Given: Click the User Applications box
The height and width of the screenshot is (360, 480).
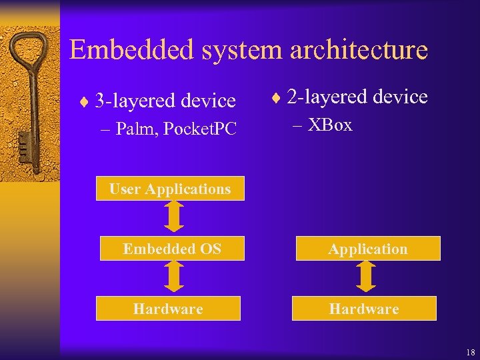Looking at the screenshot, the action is [x=170, y=189].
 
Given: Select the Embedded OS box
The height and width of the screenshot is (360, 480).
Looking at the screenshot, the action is [x=172, y=249].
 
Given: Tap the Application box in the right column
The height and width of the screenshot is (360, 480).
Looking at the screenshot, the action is [x=367, y=249].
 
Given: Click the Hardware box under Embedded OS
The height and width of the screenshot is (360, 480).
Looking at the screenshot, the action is [x=168, y=309].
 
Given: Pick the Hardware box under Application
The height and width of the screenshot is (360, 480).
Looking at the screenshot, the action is [x=364, y=309].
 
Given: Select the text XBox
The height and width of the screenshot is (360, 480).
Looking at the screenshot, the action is [x=331, y=125].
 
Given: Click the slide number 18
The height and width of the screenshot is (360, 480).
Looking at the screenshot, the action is [x=471, y=352].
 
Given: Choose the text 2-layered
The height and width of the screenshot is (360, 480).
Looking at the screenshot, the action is [x=320, y=97].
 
